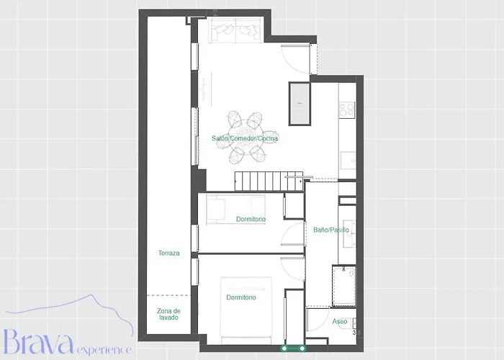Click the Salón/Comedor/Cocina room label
(x=245, y=138)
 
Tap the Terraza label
(x=168, y=253)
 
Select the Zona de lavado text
(x=168, y=315)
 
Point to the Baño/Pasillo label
(x=331, y=230)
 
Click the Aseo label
(x=340, y=321)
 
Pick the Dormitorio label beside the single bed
(x=251, y=219)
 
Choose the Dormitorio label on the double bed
(x=240, y=297)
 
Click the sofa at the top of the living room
(x=234, y=31)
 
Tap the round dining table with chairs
(x=246, y=138)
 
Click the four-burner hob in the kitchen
(x=347, y=109)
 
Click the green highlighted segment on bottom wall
(x=294, y=348)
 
